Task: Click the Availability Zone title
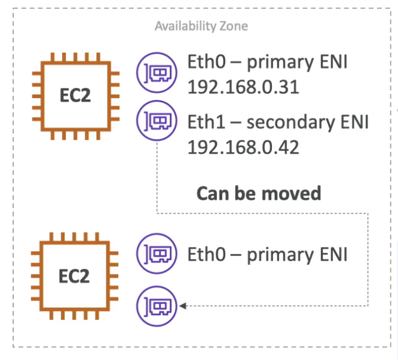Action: point(201,26)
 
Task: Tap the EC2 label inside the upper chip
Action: point(75,95)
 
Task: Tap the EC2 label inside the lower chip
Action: point(74,276)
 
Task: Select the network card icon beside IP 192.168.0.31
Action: point(157,72)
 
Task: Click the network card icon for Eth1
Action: point(157,120)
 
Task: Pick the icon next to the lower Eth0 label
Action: point(157,254)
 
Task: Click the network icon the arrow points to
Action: point(157,306)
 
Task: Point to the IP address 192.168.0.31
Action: point(243,87)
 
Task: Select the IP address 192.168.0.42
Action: point(243,147)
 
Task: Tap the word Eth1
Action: point(206,121)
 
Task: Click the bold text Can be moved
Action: point(259,193)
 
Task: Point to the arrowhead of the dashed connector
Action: point(182,306)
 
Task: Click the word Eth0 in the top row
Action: point(206,62)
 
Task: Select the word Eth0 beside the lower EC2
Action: point(206,254)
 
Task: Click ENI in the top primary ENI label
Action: point(333,62)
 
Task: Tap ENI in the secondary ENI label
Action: point(354,122)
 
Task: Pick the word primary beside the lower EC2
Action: point(280,255)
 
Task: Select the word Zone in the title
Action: point(234,26)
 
